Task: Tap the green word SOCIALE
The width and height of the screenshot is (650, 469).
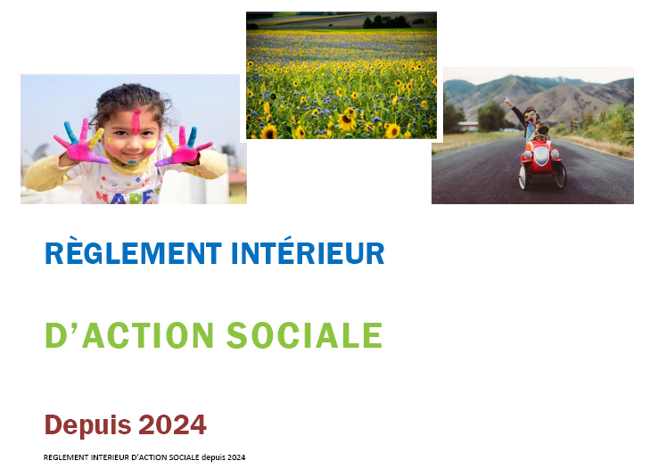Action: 304,335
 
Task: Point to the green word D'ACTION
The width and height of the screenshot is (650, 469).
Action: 129,335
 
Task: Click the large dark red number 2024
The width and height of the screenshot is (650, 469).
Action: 172,424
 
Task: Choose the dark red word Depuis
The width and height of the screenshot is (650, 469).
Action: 87,425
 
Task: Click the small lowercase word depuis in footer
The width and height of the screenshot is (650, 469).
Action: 213,457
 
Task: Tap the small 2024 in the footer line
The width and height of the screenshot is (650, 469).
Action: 236,457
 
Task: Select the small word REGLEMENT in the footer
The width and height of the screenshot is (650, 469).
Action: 66,457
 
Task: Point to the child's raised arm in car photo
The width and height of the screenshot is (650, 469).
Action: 514,110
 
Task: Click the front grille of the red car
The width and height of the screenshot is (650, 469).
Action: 541,155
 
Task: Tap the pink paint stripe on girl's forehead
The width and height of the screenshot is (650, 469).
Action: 136,121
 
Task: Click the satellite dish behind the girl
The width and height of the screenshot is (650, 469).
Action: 40,151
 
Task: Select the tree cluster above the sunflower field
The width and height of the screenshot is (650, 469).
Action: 386,21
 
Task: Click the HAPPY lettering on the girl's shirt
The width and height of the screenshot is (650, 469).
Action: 128,196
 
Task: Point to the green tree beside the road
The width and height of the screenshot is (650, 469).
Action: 490,115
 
